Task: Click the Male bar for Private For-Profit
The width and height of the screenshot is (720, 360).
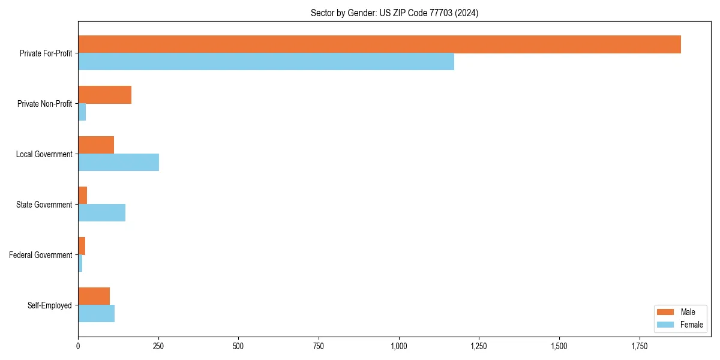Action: coord(379,44)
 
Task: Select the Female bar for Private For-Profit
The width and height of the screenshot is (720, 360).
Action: coord(266,62)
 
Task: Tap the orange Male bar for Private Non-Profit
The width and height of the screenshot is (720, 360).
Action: coord(104,95)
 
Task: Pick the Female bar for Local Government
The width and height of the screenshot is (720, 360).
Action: coord(118,163)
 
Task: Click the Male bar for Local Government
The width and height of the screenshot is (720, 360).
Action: coord(96,145)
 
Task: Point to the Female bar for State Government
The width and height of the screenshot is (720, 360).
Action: coord(101,213)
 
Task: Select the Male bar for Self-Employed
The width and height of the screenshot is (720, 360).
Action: coord(94,296)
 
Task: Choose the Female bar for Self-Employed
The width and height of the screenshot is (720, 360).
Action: coord(96,314)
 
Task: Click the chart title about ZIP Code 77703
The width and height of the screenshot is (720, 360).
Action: coord(394,13)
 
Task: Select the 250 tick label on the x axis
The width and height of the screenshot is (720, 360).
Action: coord(158,346)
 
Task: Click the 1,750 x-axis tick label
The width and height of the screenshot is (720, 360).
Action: coord(639,346)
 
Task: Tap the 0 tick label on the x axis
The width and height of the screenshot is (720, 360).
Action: coord(78,346)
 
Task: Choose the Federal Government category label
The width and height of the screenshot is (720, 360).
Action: coord(41,255)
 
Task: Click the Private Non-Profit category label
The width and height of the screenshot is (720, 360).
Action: coord(44,104)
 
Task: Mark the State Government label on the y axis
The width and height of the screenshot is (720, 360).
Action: coord(44,205)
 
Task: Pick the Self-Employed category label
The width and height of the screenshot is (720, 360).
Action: coord(50,305)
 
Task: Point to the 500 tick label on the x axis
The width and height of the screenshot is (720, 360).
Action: coord(238,346)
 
